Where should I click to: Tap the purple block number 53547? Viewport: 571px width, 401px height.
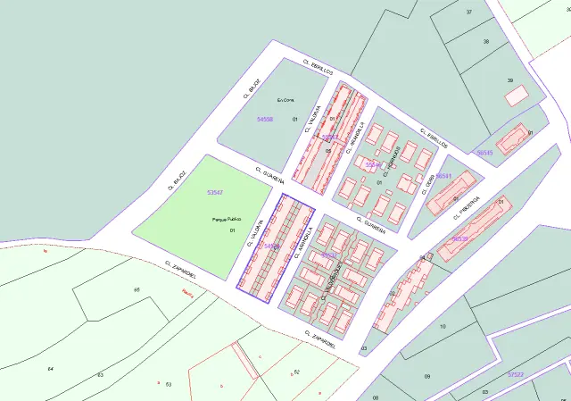point(214,193)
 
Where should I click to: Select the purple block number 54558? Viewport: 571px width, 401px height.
point(264,119)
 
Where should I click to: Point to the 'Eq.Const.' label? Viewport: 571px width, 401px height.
point(285,100)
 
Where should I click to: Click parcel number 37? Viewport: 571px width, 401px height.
point(468,12)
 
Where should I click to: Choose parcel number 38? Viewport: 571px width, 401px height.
point(485,42)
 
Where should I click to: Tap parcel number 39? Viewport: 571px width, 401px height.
point(510,81)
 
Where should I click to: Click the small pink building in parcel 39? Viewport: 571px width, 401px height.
point(516,97)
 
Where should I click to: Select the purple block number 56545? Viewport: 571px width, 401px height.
point(484,153)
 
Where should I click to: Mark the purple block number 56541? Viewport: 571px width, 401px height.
point(443,176)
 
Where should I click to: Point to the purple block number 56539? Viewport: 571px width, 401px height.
point(459,238)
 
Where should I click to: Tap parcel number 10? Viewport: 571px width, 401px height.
point(443,327)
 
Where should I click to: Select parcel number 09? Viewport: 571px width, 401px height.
point(427,377)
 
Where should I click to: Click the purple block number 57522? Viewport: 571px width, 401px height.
point(515,374)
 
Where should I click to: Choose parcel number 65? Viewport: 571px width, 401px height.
point(137,290)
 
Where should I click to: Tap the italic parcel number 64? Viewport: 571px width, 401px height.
point(51,368)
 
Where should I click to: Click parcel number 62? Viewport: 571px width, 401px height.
point(296,371)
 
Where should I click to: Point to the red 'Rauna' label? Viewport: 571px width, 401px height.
point(186,291)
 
